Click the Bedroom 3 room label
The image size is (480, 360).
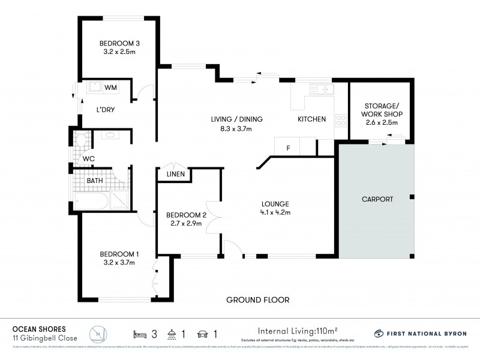(x=119, y=43)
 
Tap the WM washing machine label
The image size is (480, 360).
(x=110, y=88)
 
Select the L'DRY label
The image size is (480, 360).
(x=106, y=110)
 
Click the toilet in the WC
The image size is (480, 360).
(x=80, y=141)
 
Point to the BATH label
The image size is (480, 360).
(x=95, y=180)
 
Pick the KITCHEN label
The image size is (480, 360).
(x=312, y=119)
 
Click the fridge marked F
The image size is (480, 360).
(x=287, y=146)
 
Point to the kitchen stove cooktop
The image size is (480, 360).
(x=341, y=119)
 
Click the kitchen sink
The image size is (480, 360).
(x=323, y=90)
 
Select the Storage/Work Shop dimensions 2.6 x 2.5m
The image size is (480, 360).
(x=382, y=122)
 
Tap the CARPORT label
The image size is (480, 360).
(x=377, y=199)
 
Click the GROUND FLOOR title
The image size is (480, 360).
(x=257, y=300)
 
